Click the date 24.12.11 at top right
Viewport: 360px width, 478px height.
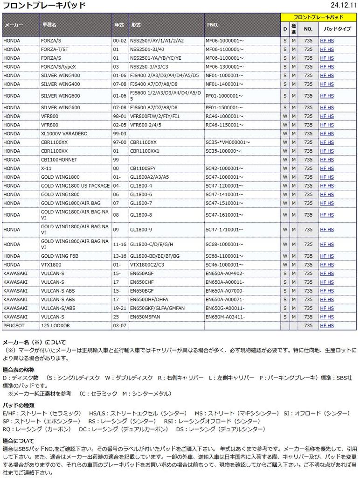(343, 5)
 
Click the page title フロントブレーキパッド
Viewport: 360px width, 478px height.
(44, 6)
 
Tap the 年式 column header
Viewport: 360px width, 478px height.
(119, 24)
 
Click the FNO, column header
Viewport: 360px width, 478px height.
(213, 24)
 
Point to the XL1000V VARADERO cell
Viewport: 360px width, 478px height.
(64, 134)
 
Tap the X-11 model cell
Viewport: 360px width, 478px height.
(46, 169)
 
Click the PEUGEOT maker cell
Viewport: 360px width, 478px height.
(14, 325)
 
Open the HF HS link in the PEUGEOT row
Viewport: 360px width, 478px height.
(326, 325)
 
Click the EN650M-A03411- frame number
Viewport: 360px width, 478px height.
(225, 316)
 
